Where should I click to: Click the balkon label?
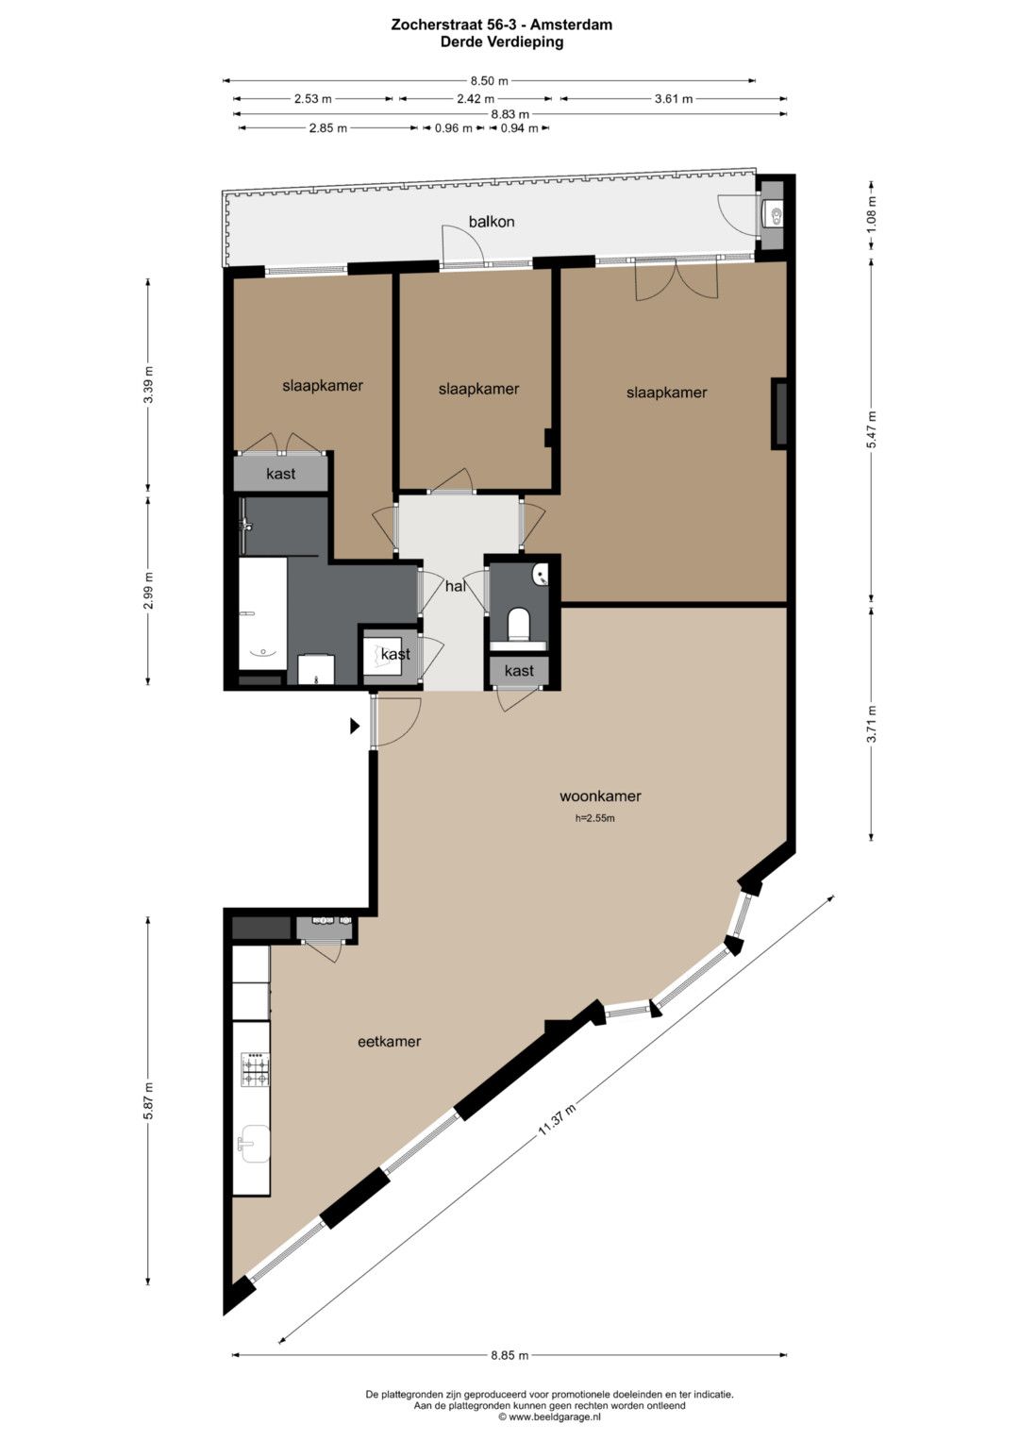pyautogui.click(x=492, y=222)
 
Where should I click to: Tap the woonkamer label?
pyautogui.click(x=600, y=796)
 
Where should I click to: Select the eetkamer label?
pyautogui.click(x=389, y=1042)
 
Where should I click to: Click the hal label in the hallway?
pyautogui.click(x=456, y=586)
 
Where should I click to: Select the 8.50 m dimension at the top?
pyautogui.click(x=489, y=81)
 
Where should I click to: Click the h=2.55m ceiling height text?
pyautogui.click(x=595, y=818)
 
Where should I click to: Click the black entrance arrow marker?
pyautogui.click(x=355, y=727)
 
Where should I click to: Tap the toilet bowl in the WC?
pyautogui.click(x=518, y=625)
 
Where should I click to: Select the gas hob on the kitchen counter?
pyautogui.click(x=256, y=1069)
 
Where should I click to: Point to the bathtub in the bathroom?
pyautogui.click(x=262, y=613)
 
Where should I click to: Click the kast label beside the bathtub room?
pyautogui.click(x=395, y=654)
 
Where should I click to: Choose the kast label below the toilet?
pyautogui.click(x=519, y=671)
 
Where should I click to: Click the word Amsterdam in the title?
pyautogui.click(x=571, y=25)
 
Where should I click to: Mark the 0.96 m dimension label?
pyautogui.click(x=454, y=128)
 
